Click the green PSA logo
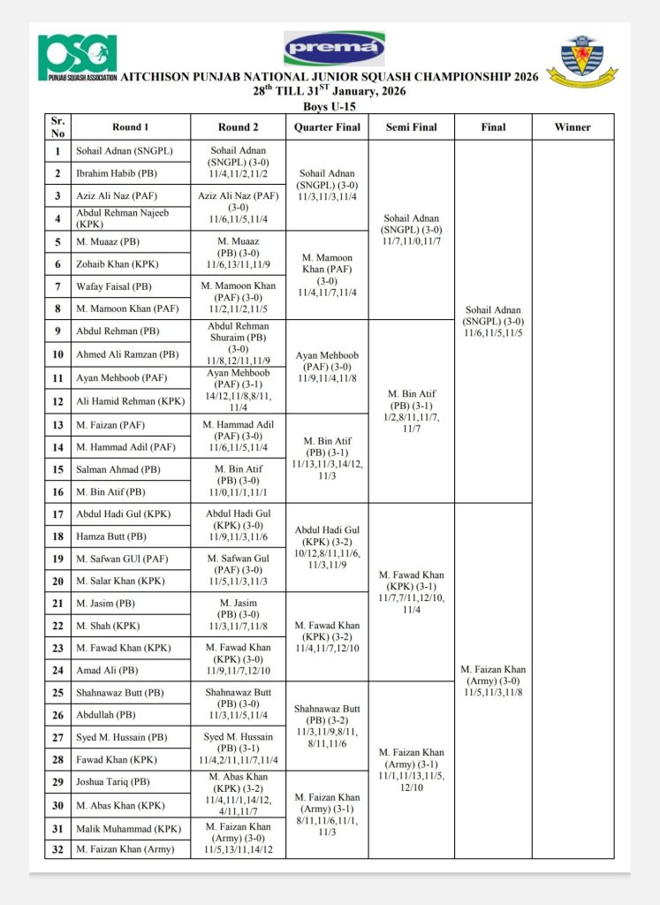[x=78, y=57]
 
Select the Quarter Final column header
[x=328, y=127]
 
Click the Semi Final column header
[x=412, y=127]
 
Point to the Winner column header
[x=573, y=127]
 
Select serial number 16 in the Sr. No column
[x=59, y=492]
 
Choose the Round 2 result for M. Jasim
[x=239, y=614]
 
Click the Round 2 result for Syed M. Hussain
[x=239, y=749]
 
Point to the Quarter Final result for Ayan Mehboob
[x=328, y=366]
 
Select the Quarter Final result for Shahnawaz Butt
[x=328, y=726]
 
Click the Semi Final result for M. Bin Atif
[x=412, y=411]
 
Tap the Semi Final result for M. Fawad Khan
[x=412, y=592]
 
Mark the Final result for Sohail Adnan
[x=494, y=322]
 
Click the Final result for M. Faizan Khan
[x=494, y=681]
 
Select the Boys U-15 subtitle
[x=329, y=105]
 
